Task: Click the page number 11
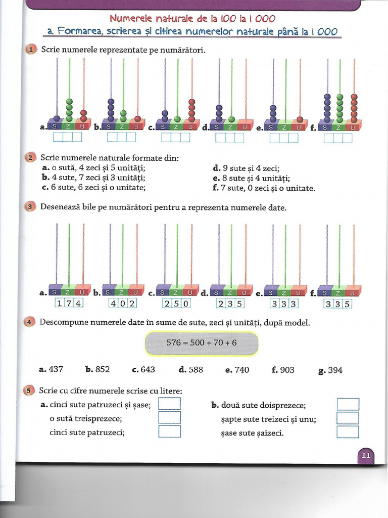pos(366,456)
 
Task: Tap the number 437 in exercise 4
pos(56,369)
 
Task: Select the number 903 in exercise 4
pos(287,370)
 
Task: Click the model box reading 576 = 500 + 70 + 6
pos(201,343)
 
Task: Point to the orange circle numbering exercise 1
pos(30,50)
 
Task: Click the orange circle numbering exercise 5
pos(29,391)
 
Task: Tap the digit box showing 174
pos(69,303)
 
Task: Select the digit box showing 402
pos(122,303)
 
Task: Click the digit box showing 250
pos(176,304)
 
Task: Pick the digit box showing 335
pos(337,304)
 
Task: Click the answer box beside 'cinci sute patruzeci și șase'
pos(169,404)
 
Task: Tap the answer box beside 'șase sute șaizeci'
pos(348,432)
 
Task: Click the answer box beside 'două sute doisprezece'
pos(348,404)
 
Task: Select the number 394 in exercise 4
pos(335,370)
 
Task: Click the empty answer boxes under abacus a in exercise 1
pos(67,137)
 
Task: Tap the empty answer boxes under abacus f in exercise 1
pos(338,138)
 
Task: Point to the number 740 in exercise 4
pos(241,370)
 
